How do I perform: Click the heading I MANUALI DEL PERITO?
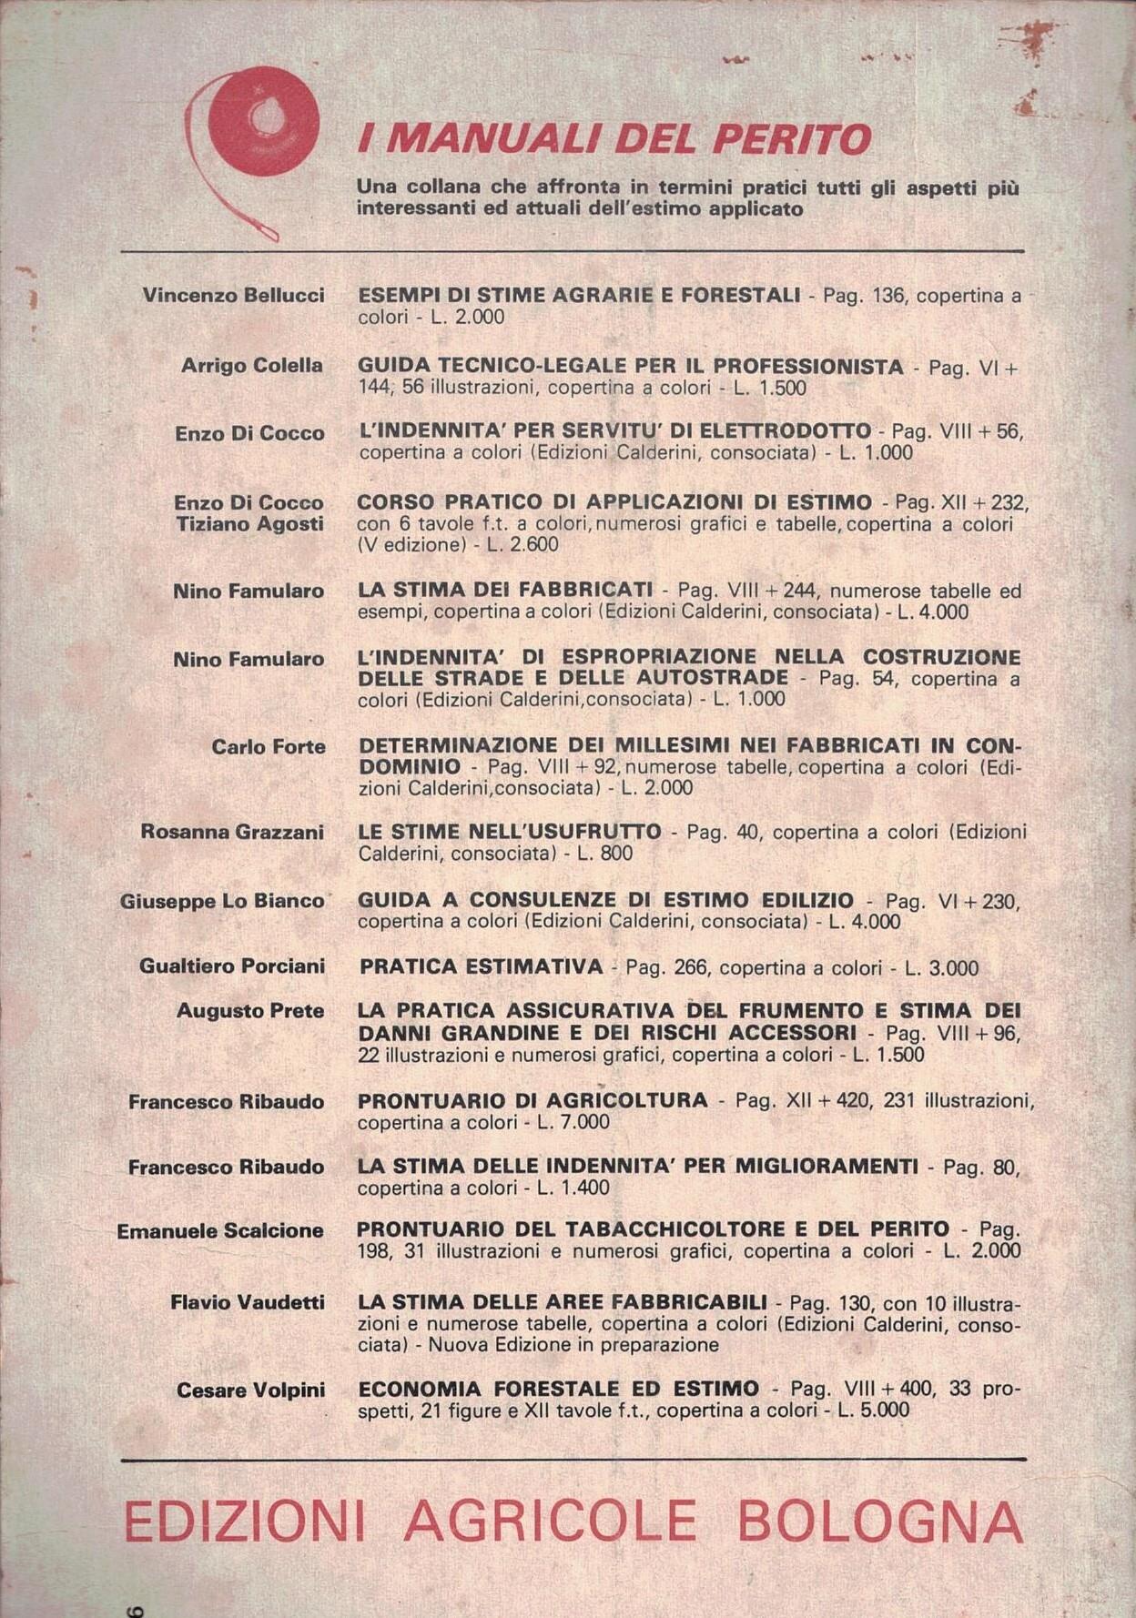click(x=614, y=139)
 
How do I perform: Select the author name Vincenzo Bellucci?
click(x=233, y=296)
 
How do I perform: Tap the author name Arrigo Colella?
click(x=252, y=365)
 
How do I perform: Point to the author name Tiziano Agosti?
click(x=250, y=524)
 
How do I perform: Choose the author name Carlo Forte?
click(x=269, y=747)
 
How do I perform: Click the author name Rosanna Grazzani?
click(x=232, y=832)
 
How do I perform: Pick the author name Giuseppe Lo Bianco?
click(x=222, y=901)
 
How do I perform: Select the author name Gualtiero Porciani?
click(x=232, y=966)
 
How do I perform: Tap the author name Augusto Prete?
click(x=250, y=1011)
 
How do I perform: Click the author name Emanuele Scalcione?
click(x=220, y=1231)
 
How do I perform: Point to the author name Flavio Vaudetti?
click(x=248, y=1303)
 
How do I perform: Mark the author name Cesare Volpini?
click(x=251, y=1390)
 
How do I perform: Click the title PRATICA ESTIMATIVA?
click(x=482, y=966)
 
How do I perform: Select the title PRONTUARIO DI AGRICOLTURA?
click(x=532, y=1100)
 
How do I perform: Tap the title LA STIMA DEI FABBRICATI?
click(x=505, y=590)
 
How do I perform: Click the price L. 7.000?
click(x=573, y=1122)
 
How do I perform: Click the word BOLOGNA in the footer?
click(x=880, y=1522)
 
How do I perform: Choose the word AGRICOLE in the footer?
click(x=550, y=1522)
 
